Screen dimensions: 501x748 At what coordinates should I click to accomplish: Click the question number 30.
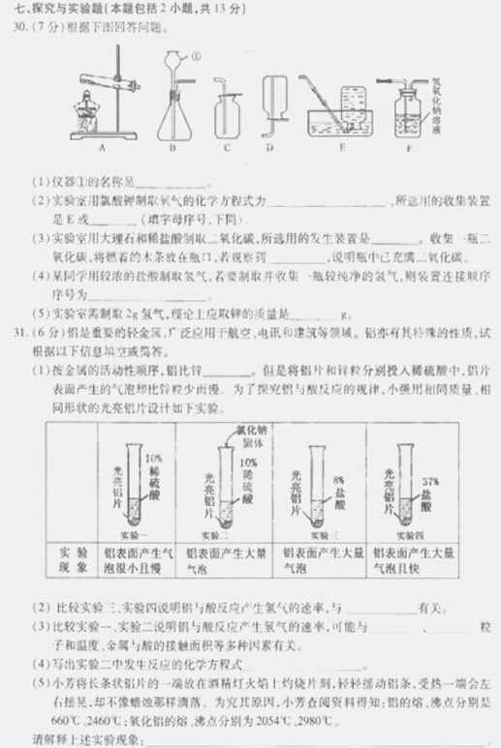[14, 28]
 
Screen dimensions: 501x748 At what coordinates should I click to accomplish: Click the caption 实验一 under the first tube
[135, 533]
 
